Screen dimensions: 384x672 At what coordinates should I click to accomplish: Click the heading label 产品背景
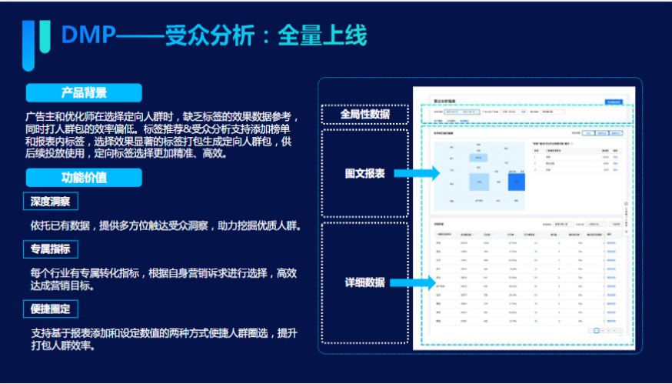click(x=84, y=93)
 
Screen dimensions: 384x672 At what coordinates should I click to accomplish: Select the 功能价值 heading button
click(x=84, y=178)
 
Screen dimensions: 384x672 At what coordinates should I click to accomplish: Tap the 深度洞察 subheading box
click(x=51, y=202)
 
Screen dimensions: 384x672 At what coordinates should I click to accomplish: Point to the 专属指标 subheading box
click(x=51, y=249)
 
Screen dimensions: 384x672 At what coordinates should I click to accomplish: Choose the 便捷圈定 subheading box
click(x=51, y=309)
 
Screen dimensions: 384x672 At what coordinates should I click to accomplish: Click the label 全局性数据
click(x=364, y=115)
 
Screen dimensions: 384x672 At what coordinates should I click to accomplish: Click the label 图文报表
click(x=364, y=174)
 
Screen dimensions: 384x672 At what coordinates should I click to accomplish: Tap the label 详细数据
click(x=364, y=282)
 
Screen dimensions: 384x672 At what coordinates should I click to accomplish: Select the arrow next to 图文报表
click(x=416, y=174)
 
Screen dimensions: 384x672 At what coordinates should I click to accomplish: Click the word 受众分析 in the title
click(x=204, y=35)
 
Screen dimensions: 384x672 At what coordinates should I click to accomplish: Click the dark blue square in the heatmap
click(x=517, y=182)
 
